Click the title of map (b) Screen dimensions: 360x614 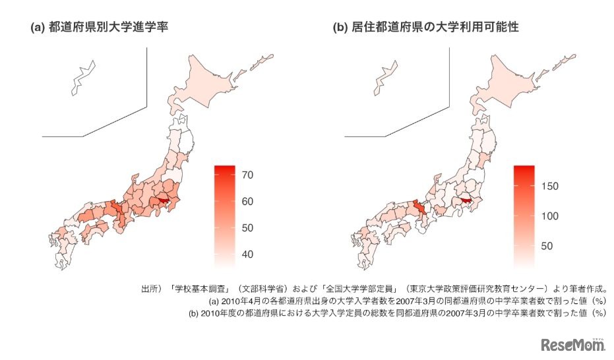(425, 28)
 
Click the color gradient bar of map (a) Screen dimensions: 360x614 (225, 214)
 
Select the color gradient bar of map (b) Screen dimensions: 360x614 (524, 214)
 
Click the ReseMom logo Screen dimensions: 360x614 (570, 344)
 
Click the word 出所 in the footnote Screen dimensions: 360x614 (151, 288)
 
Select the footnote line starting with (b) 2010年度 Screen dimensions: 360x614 (397, 313)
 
